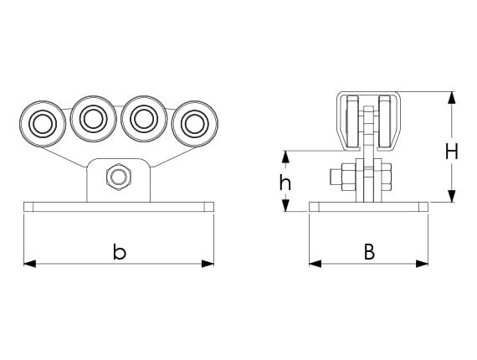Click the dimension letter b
click(x=119, y=252)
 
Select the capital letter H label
click(x=452, y=152)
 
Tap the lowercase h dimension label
click(x=285, y=183)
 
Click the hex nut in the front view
click(x=119, y=177)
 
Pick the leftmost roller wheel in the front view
click(x=43, y=124)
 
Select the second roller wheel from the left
click(x=94, y=119)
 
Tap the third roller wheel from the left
click(x=144, y=119)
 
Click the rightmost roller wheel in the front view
click(x=195, y=124)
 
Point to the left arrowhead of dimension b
click(x=29, y=264)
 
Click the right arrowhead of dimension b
click(x=208, y=264)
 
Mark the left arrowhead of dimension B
click(x=315, y=264)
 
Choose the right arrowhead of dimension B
click(x=423, y=264)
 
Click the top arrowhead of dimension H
click(x=452, y=98)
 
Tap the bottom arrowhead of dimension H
click(x=452, y=196)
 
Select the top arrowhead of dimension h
click(x=285, y=157)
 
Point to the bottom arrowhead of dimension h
click(x=285, y=205)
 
